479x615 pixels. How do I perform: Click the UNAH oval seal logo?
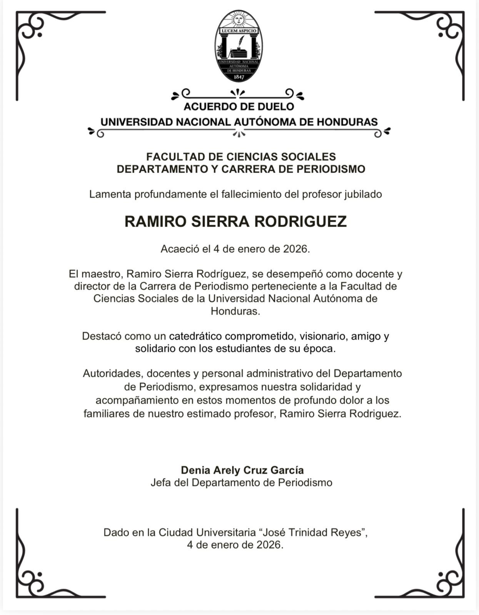tap(239, 46)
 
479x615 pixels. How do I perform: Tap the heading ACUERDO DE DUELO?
tap(239, 106)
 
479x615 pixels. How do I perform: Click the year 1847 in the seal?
tap(239, 77)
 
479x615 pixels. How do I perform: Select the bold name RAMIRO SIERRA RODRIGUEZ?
tap(235, 221)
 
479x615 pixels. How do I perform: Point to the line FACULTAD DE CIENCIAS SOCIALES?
tap(241, 157)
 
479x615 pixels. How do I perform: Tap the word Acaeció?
tap(179, 249)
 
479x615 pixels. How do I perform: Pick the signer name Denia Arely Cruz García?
tap(242, 470)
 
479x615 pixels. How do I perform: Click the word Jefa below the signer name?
tap(160, 482)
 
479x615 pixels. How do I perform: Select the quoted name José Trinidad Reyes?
tap(313, 533)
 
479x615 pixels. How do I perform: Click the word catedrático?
tap(195, 336)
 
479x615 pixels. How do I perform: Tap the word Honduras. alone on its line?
tap(235, 311)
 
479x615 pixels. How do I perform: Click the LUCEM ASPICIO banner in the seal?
tap(239, 30)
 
